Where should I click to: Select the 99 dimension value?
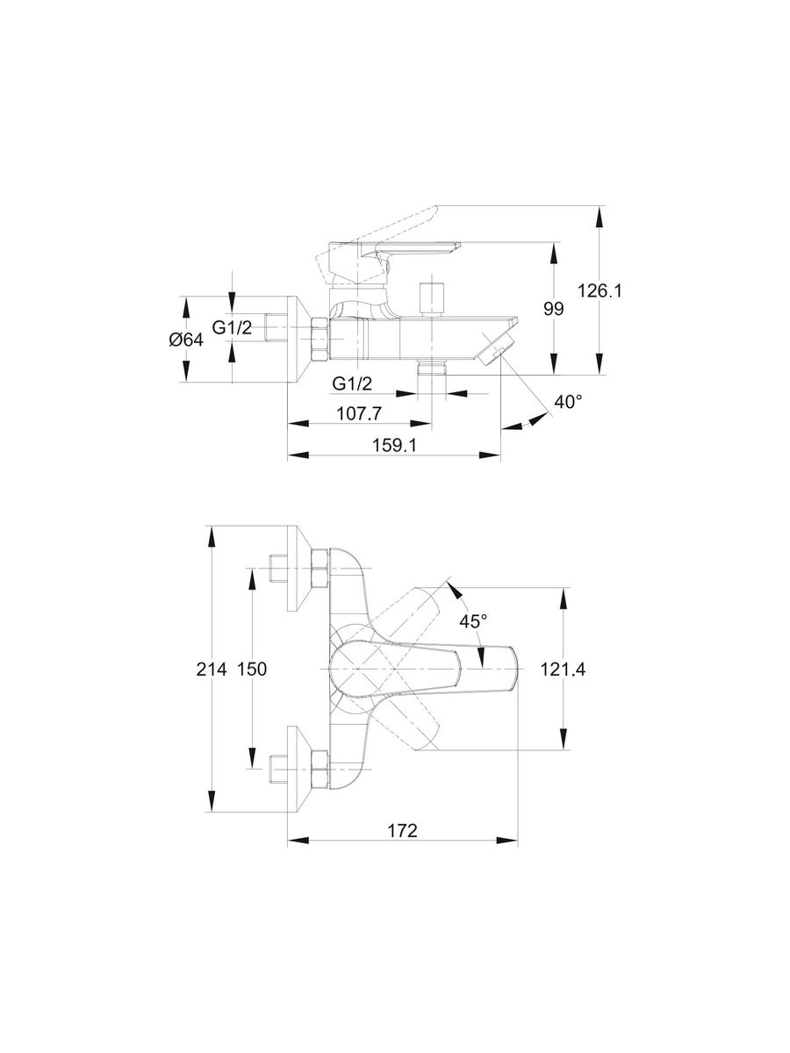pos(553,309)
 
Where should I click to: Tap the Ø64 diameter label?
pos(185,340)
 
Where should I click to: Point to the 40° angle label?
pos(567,402)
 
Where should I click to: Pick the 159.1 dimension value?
pos(393,445)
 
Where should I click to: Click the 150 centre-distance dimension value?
pos(251,669)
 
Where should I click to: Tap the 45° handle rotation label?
pos(473,620)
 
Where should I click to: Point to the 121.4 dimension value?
pos(562,669)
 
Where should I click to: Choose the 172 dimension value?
pos(401,830)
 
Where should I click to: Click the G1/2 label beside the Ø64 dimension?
pos(232,328)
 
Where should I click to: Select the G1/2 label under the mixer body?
pos(351,383)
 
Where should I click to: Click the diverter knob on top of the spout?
pos(432,298)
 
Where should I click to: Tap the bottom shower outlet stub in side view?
pos(432,370)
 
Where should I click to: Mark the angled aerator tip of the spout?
pos(496,346)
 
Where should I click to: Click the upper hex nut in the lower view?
pos(320,569)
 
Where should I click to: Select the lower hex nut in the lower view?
pos(320,768)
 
